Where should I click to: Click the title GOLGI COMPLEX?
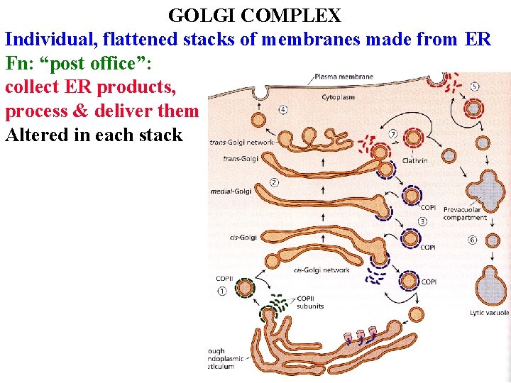tap(255, 15)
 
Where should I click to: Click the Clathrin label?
tap(414, 161)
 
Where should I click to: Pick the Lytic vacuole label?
tap(489, 312)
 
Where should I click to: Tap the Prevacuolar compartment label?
tap(462, 213)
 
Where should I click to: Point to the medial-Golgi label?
tap(231, 191)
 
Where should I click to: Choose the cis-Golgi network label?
tap(321, 270)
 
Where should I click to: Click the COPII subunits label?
tap(310, 302)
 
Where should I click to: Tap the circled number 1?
tap(222, 291)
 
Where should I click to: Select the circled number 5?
tap(475, 87)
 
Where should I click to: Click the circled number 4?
tap(283, 110)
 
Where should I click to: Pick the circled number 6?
tap(473, 240)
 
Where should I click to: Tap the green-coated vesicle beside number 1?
tap(246, 288)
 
